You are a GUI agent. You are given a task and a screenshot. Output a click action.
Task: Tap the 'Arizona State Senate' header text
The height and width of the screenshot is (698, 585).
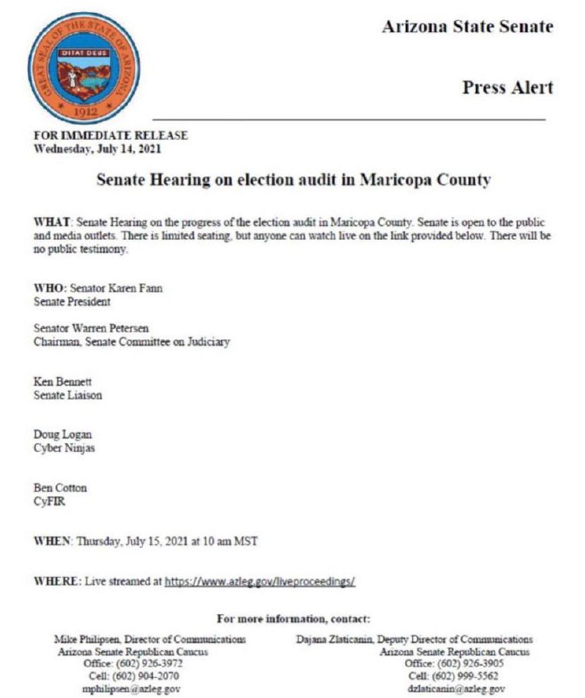pos(467,27)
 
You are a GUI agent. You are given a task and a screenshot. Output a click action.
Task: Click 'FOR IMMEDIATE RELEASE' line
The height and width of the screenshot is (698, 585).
pos(110,136)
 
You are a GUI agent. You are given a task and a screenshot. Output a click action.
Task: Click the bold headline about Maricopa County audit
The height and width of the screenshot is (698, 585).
pos(292,181)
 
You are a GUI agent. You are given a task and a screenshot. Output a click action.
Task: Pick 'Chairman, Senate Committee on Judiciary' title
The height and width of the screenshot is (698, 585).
pos(131,342)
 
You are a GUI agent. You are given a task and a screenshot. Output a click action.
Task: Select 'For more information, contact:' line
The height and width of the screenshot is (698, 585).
pos(293,619)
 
